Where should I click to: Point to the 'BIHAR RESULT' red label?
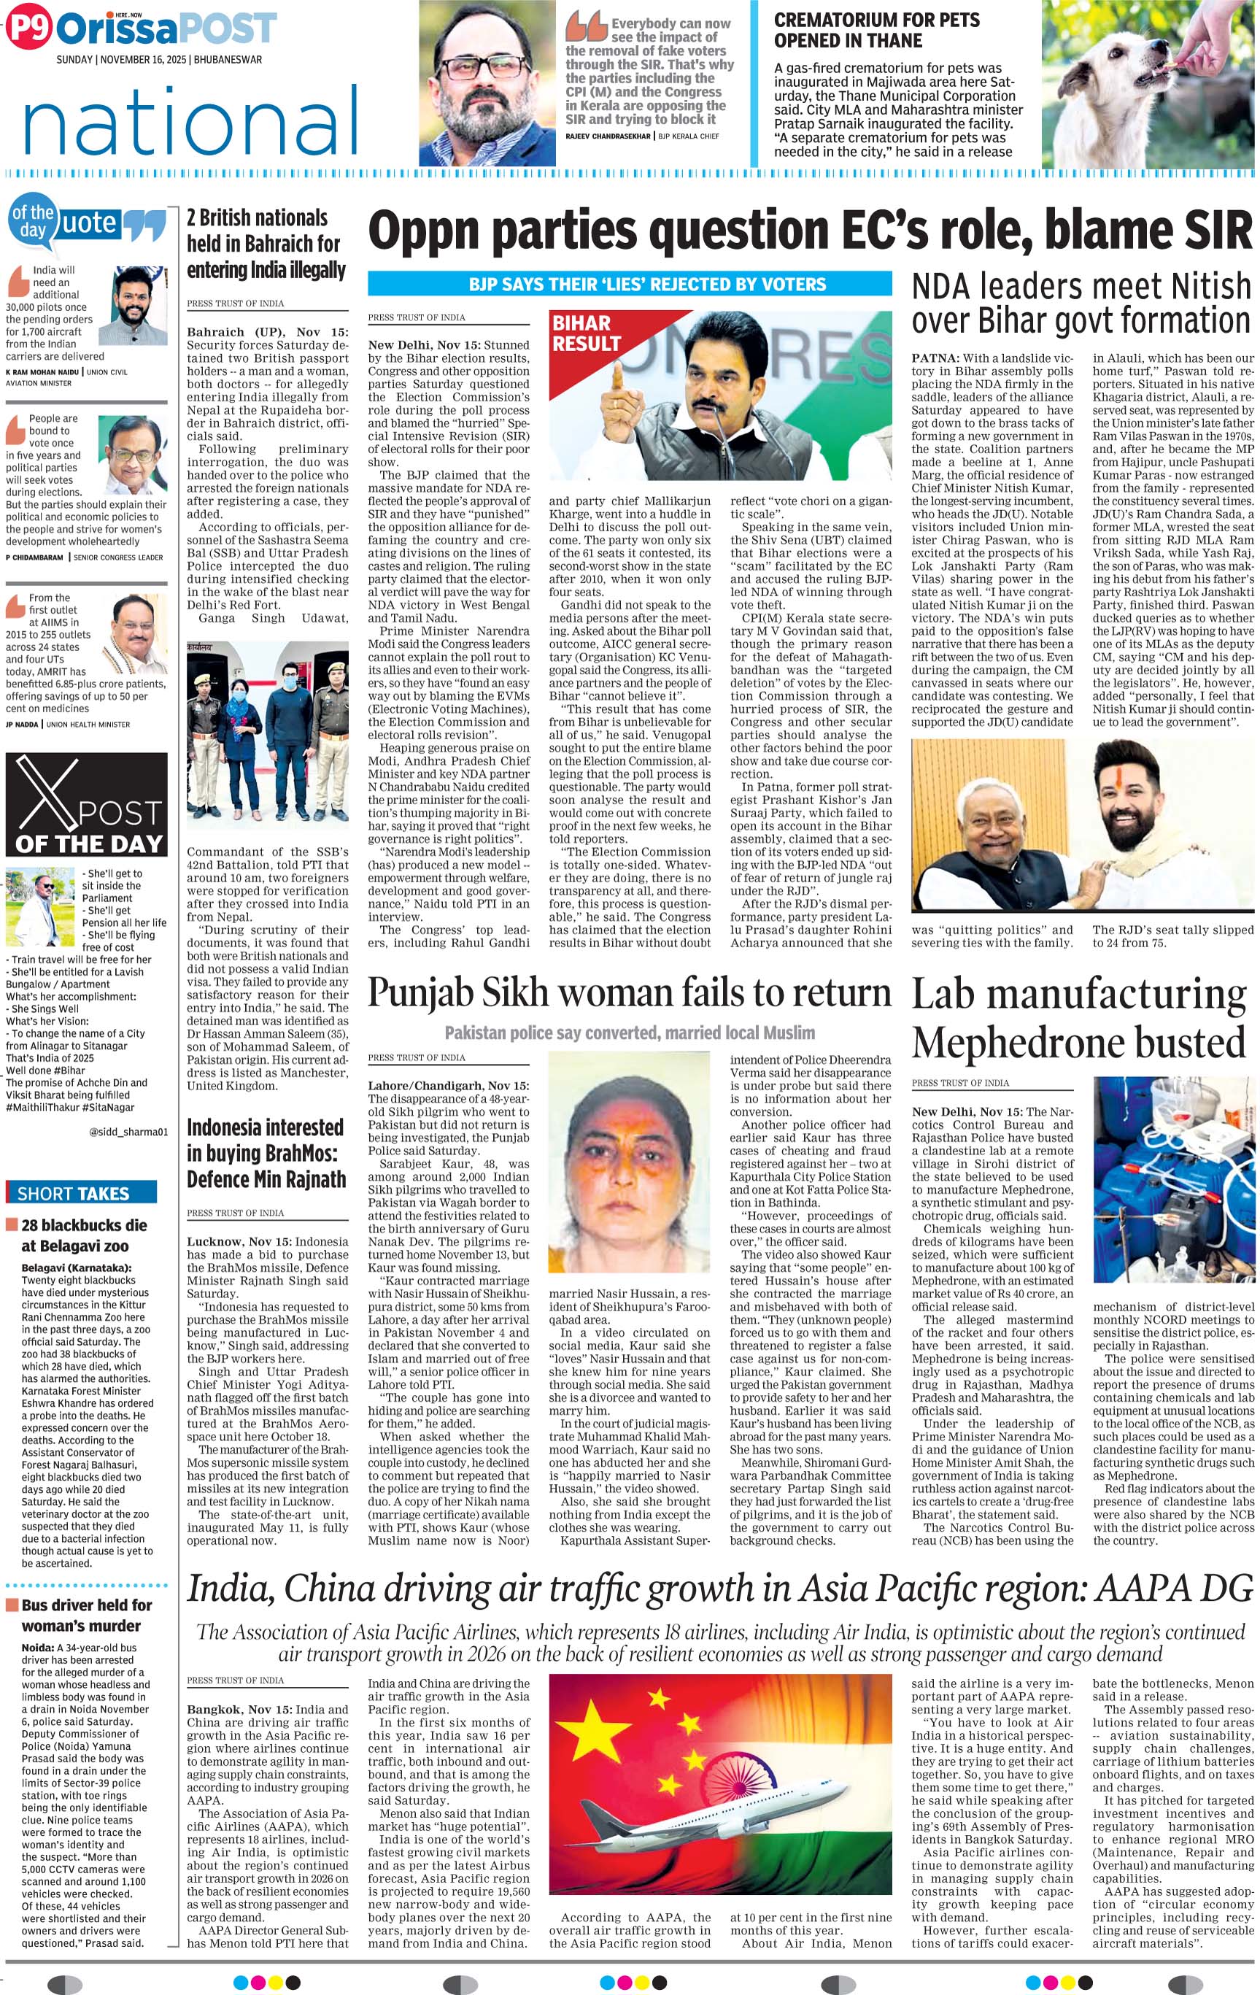click(x=586, y=333)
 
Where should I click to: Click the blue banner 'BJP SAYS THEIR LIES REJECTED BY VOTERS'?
click(x=630, y=284)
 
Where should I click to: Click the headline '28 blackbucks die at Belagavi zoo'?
click(x=84, y=1235)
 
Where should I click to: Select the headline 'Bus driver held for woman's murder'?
click(x=86, y=1615)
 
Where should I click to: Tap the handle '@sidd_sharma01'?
click(x=128, y=1132)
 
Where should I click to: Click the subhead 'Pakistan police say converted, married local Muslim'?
click(x=630, y=1033)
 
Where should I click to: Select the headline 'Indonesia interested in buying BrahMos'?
click(x=265, y=1153)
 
